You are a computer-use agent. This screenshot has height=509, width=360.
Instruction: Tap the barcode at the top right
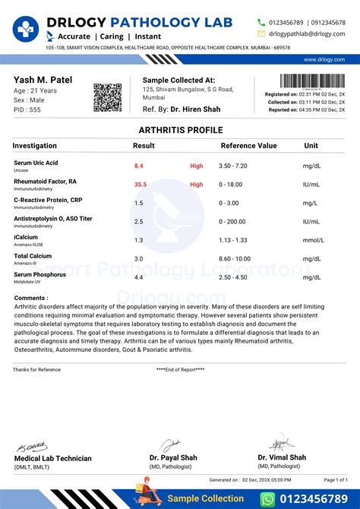(x=312, y=81)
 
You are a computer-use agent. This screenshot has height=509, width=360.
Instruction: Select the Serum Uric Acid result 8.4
(x=139, y=165)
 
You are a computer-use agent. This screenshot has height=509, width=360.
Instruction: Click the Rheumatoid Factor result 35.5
(x=141, y=184)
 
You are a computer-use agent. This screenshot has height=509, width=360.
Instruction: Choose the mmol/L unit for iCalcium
(x=313, y=240)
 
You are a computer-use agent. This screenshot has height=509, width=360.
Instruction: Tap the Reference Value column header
(x=248, y=145)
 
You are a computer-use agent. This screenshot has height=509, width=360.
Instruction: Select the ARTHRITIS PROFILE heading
(x=180, y=131)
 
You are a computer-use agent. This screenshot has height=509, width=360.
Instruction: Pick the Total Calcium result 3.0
(x=139, y=259)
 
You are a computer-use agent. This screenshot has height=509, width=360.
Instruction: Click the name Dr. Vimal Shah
(x=282, y=457)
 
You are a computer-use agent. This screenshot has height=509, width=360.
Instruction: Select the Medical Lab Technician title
(x=53, y=458)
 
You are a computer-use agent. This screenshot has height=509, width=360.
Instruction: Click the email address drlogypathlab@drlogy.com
(x=306, y=34)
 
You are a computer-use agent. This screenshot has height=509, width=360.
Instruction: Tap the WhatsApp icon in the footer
(x=268, y=498)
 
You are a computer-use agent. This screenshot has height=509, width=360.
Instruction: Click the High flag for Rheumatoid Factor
(x=197, y=184)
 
